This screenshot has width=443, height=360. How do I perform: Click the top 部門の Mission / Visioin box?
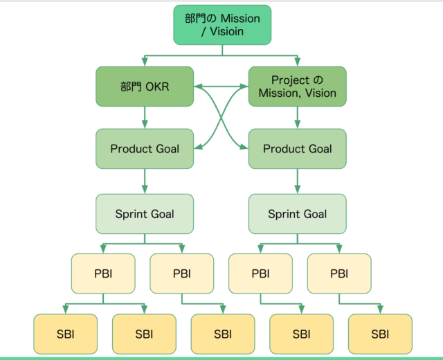click(x=222, y=25)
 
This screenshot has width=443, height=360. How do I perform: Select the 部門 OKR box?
click(x=145, y=87)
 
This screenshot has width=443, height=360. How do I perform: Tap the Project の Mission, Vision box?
click(x=298, y=87)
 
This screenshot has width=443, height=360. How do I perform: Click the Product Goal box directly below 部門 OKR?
click(x=145, y=149)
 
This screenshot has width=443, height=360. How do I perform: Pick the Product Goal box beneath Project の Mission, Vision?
click(x=298, y=149)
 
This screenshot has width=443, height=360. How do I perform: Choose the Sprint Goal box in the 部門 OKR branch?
click(x=145, y=214)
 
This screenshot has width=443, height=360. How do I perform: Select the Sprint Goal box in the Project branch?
click(x=298, y=214)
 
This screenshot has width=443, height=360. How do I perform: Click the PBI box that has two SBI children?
click(x=103, y=273)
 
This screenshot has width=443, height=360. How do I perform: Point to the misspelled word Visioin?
click(x=226, y=31)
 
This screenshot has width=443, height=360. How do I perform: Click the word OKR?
click(x=157, y=87)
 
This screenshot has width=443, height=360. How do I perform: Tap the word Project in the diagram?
click(x=287, y=80)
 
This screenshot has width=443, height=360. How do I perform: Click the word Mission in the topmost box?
click(x=240, y=19)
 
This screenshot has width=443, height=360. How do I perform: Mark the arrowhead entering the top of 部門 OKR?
click(x=145, y=62)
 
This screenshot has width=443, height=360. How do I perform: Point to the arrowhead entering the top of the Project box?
click(x=298, y=62)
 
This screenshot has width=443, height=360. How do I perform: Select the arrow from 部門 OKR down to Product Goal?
click(x=145, y=118)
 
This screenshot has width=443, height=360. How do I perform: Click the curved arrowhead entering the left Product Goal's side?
click(x=198, y=146)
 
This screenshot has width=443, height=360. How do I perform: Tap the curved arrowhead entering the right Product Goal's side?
click(x=244, y=146)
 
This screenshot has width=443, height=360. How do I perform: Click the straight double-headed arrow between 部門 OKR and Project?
click(x=221, y=87)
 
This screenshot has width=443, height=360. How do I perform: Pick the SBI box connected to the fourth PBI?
click(x=380, y=334)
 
